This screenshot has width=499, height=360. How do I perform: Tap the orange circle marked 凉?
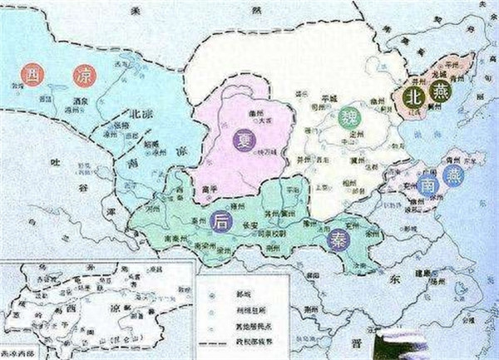pos(84,76)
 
